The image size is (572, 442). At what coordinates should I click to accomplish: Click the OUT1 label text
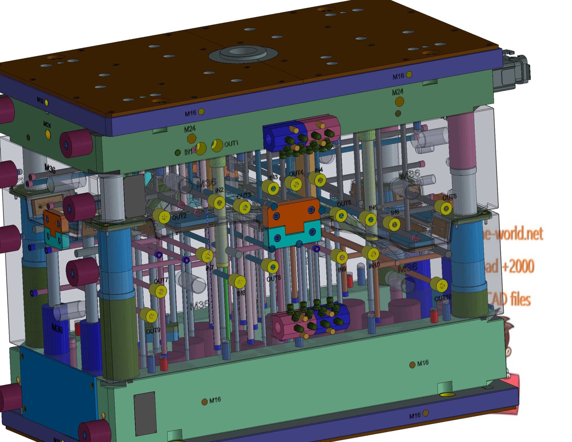231,144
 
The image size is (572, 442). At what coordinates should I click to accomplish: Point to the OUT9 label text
153,331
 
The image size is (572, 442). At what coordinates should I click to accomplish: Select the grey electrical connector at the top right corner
513,71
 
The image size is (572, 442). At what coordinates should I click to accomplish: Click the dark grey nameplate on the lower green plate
145,413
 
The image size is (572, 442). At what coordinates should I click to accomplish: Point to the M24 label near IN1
190,129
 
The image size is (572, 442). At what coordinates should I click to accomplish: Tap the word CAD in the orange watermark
499,299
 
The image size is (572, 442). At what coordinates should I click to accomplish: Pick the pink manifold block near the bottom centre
290,325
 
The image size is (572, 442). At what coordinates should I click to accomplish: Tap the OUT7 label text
161,280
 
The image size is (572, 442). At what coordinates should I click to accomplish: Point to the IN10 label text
374,265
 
